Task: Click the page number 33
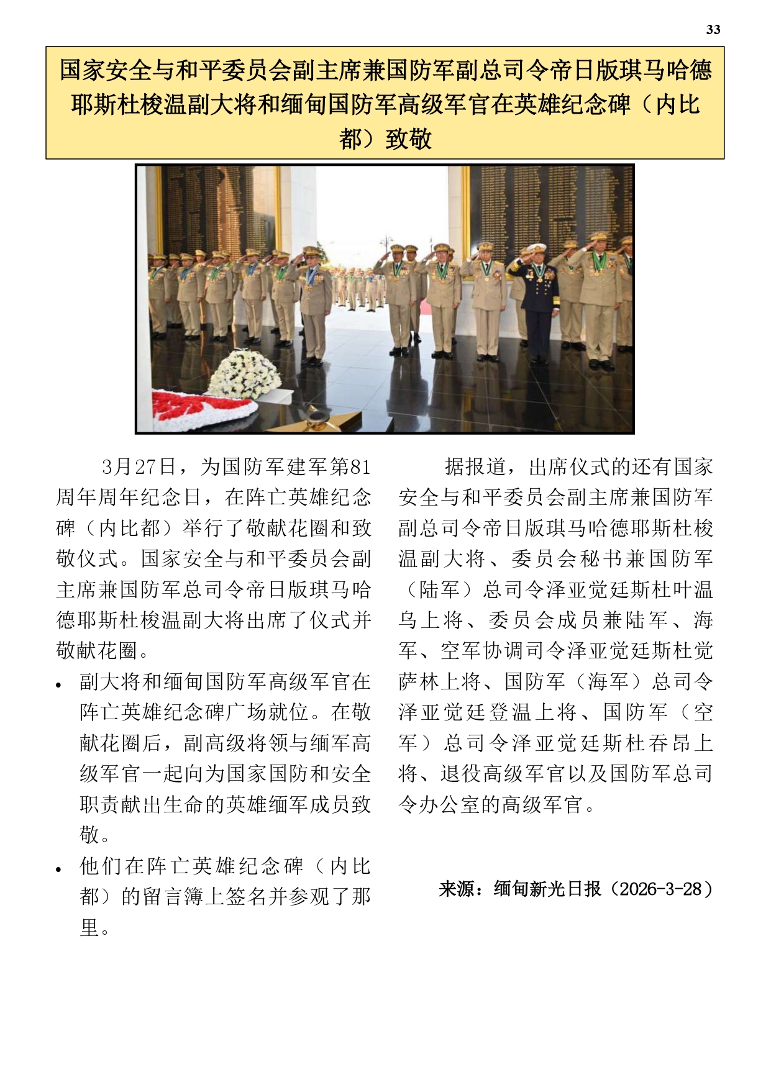pos(713,30)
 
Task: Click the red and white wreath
pos(201,407)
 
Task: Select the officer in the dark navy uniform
pos(537,304)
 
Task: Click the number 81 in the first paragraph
pos(360,467)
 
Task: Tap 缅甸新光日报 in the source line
pos(547,889)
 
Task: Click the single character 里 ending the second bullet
pos(90,927)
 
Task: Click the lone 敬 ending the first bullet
pos(90,835)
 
